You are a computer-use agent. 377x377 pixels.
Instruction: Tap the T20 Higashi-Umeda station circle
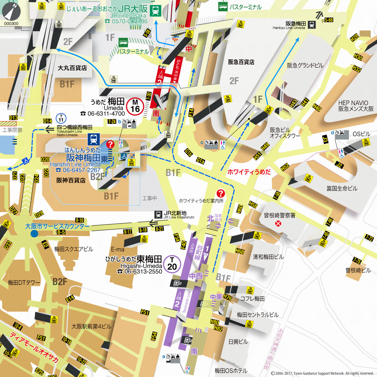172,264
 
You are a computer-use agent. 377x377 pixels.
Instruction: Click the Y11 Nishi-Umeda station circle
61,118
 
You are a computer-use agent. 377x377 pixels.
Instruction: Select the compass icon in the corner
11,11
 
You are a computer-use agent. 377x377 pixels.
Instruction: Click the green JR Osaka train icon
156,10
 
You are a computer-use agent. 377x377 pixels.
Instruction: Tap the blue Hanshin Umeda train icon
93,139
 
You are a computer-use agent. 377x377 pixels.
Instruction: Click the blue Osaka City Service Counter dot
34,233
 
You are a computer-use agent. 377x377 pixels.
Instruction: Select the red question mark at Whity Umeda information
220,193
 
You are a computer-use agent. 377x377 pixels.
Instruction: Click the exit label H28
354,37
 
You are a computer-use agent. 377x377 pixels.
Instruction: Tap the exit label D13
13,118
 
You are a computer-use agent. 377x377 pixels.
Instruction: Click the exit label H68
240,252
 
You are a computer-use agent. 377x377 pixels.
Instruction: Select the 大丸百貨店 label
72,68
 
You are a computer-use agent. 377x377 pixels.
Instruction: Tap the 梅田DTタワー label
24,283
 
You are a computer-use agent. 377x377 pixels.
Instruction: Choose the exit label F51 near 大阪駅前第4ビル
145,312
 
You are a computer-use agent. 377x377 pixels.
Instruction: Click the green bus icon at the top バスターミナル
223,6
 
